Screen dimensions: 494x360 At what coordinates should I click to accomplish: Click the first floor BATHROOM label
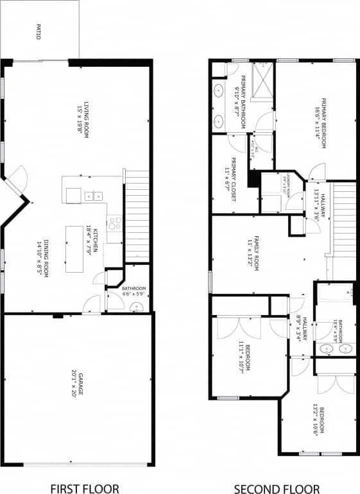point(134,289)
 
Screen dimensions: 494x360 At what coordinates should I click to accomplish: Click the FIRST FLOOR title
point(84,489)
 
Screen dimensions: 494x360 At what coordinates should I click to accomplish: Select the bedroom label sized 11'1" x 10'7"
point(243,357)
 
